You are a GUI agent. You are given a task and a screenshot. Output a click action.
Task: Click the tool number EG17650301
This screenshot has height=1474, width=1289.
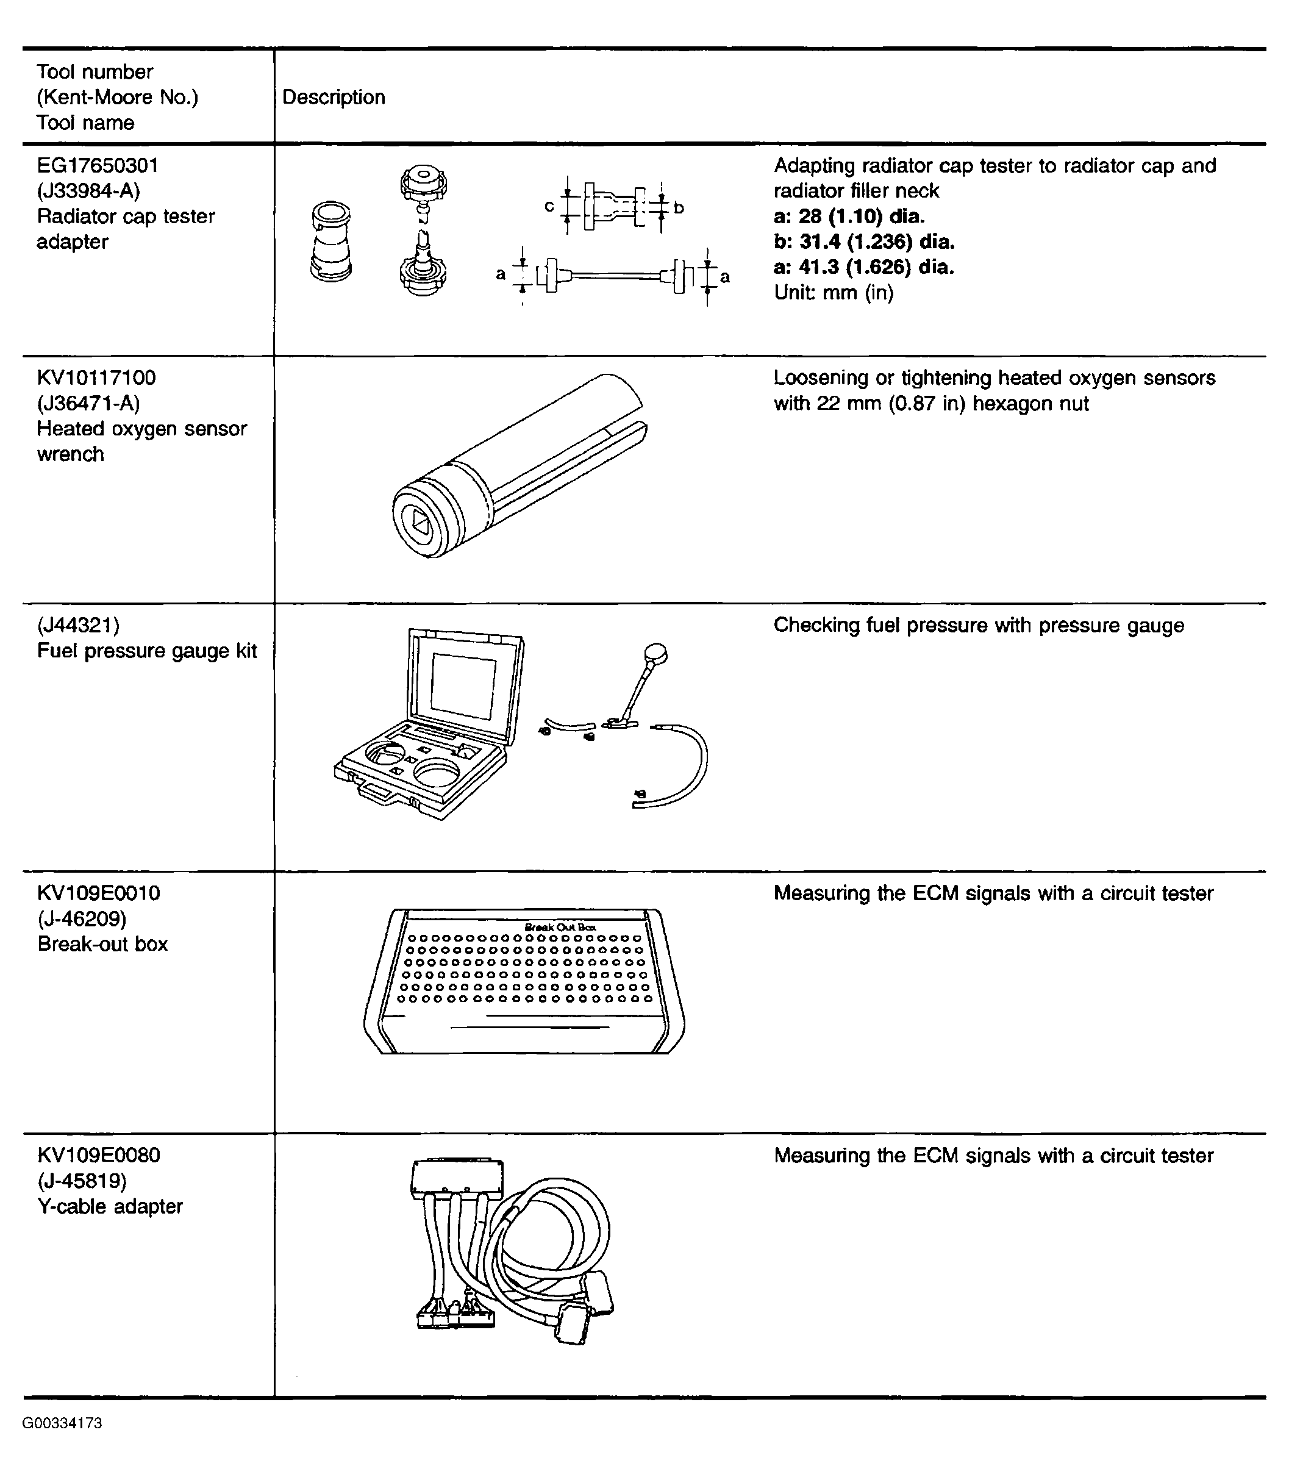point(97,165)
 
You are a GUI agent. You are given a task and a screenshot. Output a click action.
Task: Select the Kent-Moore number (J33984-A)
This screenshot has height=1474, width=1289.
point(88,191)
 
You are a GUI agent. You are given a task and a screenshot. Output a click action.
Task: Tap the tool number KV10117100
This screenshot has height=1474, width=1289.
point(96,377)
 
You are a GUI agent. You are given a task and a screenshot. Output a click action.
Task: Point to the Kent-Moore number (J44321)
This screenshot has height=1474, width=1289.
point(77,625)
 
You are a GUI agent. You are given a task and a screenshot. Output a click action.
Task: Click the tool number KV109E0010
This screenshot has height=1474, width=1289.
point(99,893)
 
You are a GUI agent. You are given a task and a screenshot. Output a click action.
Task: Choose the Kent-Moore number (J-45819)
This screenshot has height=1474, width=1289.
point(81,1181)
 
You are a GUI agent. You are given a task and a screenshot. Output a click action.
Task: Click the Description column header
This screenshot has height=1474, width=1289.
point(333,97)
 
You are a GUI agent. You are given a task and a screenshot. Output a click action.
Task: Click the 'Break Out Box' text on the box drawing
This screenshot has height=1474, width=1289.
point(560,928)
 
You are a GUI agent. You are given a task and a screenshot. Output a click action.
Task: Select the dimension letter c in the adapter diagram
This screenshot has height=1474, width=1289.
point(549,207)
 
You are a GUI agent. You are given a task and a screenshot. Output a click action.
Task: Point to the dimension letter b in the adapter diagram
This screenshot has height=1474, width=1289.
point(678,208)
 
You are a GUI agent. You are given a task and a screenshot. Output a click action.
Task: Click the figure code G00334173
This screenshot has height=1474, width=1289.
point(62,1423)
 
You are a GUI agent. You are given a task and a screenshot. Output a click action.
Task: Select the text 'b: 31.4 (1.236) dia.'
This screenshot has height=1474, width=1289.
point(864,241)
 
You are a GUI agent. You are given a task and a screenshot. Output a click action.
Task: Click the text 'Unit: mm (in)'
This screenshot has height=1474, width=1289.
point(833,293)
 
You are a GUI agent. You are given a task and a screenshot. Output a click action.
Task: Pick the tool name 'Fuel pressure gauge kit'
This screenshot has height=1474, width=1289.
point(147,651)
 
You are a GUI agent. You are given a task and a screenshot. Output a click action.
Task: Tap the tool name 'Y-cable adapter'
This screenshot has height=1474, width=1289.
point(110,1206)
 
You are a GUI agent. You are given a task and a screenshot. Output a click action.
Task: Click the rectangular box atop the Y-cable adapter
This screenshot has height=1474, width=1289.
point(456,1177)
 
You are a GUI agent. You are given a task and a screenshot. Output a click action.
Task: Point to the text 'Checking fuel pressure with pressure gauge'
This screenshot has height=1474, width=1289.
point(978,625)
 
